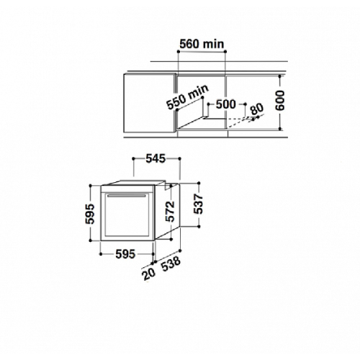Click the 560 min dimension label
(x=202, y=44)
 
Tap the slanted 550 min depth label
(x=188, y=97)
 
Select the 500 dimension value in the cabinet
(x=226, y=104)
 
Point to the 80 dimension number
(x=257, y=109)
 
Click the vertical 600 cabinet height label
(x=279, y=101)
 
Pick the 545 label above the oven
(x=156, y=158)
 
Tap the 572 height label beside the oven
(x=170, y=212)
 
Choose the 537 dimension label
(x=199, y=204)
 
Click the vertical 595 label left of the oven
(x=90, y=214)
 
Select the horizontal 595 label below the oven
(x=125, y=254)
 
